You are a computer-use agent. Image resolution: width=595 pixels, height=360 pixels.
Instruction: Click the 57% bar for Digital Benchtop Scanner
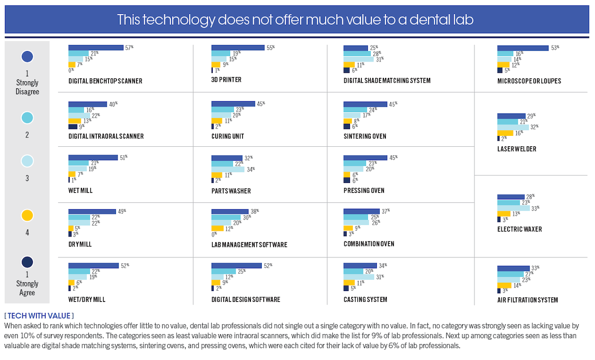pos(96,48)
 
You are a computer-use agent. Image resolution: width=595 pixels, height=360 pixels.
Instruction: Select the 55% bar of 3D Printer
pos(238,48)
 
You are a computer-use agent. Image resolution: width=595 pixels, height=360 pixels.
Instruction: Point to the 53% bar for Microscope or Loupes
pos(523,48)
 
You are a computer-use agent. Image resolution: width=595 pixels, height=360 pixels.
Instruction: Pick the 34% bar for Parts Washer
pos(228,170)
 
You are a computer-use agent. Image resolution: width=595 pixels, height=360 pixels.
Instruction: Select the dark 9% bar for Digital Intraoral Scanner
pos(73,126)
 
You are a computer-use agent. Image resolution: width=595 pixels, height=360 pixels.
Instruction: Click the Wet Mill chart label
pos(80,190)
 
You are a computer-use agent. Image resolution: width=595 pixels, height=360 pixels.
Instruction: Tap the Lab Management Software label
pos(249,245)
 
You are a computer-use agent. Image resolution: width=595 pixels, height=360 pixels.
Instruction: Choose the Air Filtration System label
pos(528,300)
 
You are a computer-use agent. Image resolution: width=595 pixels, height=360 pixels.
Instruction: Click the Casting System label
pos(365,300)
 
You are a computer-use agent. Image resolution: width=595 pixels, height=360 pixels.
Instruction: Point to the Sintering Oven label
pos(364,136)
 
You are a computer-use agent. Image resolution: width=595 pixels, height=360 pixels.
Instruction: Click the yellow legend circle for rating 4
pos(27,215)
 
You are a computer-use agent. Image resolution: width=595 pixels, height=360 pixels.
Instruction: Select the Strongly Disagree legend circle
pos(27,57)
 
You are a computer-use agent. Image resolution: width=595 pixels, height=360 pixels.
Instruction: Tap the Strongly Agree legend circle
pos(27,262)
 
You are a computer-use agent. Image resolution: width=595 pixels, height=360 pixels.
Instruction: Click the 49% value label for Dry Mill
pos(122,211)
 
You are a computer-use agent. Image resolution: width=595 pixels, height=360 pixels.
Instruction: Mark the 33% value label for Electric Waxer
pos(535,208)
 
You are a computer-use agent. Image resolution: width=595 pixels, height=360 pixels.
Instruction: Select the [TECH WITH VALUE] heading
pos(39,315)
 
